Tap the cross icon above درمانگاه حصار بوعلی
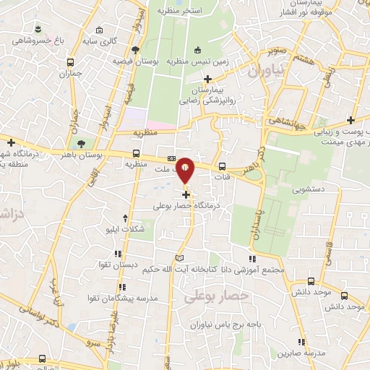(x=186, y=194)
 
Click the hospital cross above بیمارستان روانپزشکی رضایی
(x=208, y=78)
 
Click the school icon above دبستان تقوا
(x=116, y=254)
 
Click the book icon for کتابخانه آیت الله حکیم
(x=179, y=258)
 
